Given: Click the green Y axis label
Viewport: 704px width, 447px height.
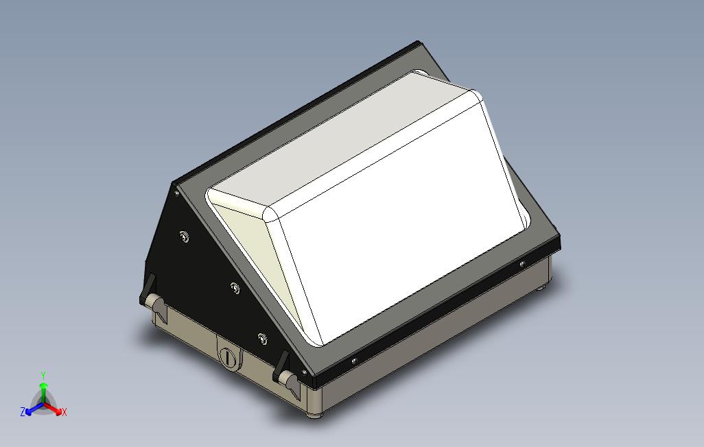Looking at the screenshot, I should click(x=43, y=375).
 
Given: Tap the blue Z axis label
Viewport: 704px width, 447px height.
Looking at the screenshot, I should click(x=23, y=412).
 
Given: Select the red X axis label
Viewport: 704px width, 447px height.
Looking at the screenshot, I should click(x=64, y=412).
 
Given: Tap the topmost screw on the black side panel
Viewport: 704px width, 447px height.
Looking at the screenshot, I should click(x=184, y=237).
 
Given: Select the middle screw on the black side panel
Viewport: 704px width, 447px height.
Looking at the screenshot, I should click(x=235, y=288).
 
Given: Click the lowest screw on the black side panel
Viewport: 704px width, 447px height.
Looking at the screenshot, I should click(x=261, y=337).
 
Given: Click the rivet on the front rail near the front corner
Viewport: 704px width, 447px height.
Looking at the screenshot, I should click(x=354, y=360).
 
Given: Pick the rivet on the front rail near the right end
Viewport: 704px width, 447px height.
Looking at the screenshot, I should click(x=523, y=264).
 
